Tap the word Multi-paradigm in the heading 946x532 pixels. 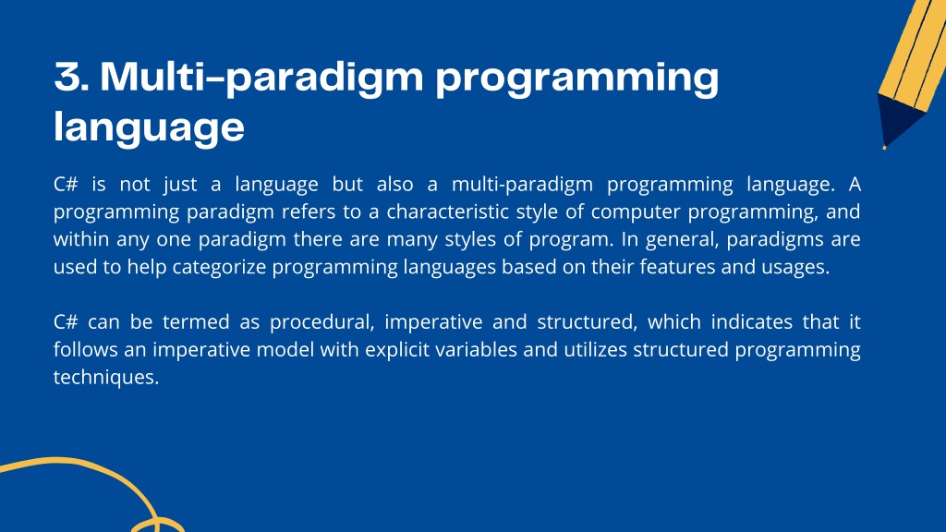pyautogui.click(x=261, y=79)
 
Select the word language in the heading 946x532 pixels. pyautogui.click(x=149, y=127)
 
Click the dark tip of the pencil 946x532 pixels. pyautogui.click(x=898, y=121)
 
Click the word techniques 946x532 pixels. pyautogui.click(x=106, y=378)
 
